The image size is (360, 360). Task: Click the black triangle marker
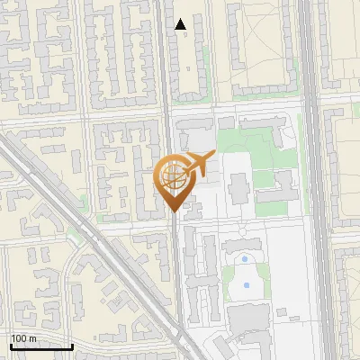[x=181, y=24]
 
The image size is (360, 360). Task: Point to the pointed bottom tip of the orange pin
[x=175, y=212]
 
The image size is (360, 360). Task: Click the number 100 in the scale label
[x=20, y=338]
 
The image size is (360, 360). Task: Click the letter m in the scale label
[x=32, y=338]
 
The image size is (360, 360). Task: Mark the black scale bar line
[x=41, y=346]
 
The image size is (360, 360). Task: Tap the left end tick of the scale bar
[x=11, y=345]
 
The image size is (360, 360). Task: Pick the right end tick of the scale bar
[x=72, y=345]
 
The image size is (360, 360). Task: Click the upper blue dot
[x=245, y=259]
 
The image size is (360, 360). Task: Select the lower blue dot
[x=247, y=285]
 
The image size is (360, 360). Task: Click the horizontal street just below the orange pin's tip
[x=135, y=225]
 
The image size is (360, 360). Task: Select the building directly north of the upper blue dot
[x=245, y=242]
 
